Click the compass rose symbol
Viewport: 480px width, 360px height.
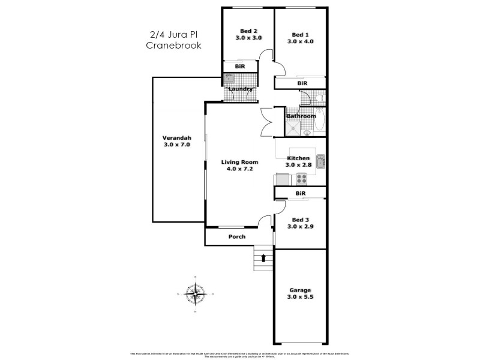coord(194,293)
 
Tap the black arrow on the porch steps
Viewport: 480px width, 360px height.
coord(262,257)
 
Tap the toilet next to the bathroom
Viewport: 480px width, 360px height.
coord(320,98)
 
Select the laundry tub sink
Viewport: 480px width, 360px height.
coord(229,78)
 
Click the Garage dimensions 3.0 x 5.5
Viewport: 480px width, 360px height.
coord(301,296)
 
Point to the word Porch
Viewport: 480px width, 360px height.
coord(238,236)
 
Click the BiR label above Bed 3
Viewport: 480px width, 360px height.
coord(301,193)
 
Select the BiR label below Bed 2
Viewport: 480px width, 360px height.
coord(239,67)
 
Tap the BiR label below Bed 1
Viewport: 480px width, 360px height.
coord(302,83)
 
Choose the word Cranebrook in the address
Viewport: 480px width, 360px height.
coord(174,46)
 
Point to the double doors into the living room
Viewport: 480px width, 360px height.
coord(267,121)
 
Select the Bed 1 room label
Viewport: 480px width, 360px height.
coord(301,34)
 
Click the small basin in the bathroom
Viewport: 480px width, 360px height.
coord(307,133)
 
